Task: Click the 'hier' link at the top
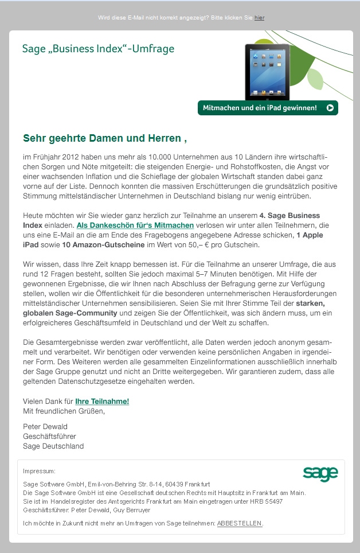click(259, 18)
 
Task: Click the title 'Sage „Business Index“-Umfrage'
click(98, 49)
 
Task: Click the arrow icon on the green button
click(330, 107)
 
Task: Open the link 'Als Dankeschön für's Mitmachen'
click(135, 225)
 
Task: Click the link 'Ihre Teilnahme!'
click(102, 402)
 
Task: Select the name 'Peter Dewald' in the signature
click(45, 426)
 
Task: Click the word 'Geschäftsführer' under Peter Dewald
click(49, 436)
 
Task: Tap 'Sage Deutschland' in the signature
click(53, 446)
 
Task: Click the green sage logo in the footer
click(320, 473)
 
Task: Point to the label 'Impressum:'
click(39, 471)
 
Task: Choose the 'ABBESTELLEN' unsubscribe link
click(240, 523)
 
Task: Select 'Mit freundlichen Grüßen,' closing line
click(64, 411)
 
